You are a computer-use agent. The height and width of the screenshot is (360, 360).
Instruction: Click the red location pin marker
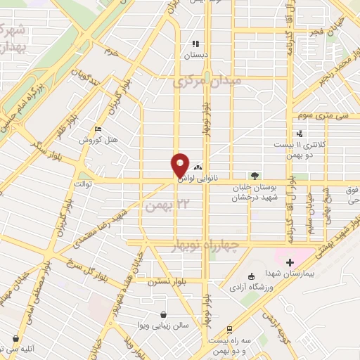coord(180,165)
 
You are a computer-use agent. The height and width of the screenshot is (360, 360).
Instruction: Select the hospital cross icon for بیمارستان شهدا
coord(289,262)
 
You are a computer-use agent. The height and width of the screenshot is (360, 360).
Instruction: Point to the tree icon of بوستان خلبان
coord(255,176)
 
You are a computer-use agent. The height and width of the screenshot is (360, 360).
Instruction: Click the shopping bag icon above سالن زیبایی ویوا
coord(163,314)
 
